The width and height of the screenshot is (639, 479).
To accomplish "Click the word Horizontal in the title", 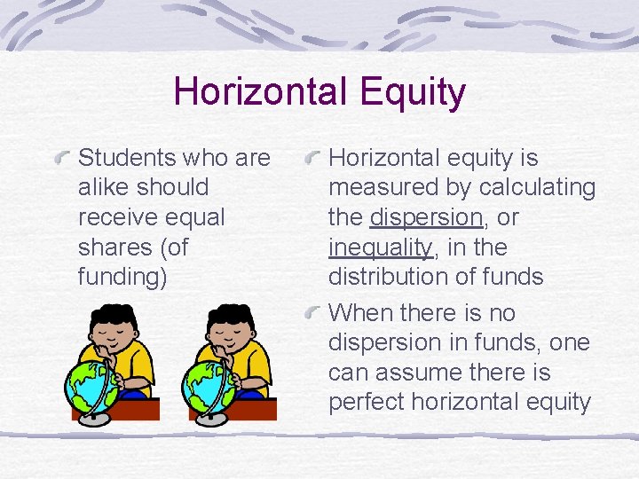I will point(248,91).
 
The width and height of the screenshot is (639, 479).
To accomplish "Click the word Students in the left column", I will point(127,158).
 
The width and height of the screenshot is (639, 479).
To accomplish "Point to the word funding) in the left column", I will point(122,277).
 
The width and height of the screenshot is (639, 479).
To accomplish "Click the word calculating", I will point(537,188).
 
